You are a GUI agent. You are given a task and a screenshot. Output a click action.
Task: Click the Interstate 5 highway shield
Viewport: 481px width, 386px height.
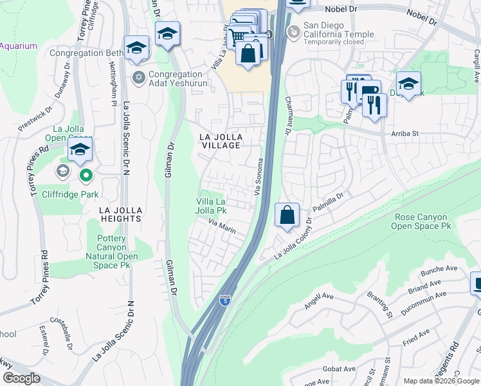(x=224, y=300)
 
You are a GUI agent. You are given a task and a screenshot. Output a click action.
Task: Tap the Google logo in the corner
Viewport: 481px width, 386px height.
(x=21, y=378)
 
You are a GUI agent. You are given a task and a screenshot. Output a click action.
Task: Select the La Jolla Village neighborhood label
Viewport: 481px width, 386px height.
(x=219, y=141)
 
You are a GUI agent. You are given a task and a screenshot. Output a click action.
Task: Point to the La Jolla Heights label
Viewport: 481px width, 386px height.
(x=120, y=214)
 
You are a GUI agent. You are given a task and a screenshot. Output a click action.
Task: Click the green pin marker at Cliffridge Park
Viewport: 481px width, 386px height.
(x=86, y=174)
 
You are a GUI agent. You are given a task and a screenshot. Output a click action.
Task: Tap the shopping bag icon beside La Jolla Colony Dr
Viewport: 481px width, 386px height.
(x=287, y=214)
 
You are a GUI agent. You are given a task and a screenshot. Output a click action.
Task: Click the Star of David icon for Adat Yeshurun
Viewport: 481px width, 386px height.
(x=138, y=78)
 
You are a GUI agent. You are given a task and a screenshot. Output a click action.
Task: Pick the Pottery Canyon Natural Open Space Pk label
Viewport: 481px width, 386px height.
(x=117, y=252)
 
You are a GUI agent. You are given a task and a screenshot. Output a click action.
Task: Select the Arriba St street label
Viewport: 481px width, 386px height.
(x=404, y=134)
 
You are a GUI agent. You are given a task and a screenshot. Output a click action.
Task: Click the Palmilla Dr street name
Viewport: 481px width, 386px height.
(x=329, y=201)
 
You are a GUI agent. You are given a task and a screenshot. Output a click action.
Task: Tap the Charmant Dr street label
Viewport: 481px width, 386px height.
(x=287, y=116)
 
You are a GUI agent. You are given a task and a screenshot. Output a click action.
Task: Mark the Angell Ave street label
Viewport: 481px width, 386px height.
(x=319, y=300)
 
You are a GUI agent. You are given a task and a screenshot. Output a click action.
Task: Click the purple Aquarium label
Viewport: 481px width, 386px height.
(x=19, y=46)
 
